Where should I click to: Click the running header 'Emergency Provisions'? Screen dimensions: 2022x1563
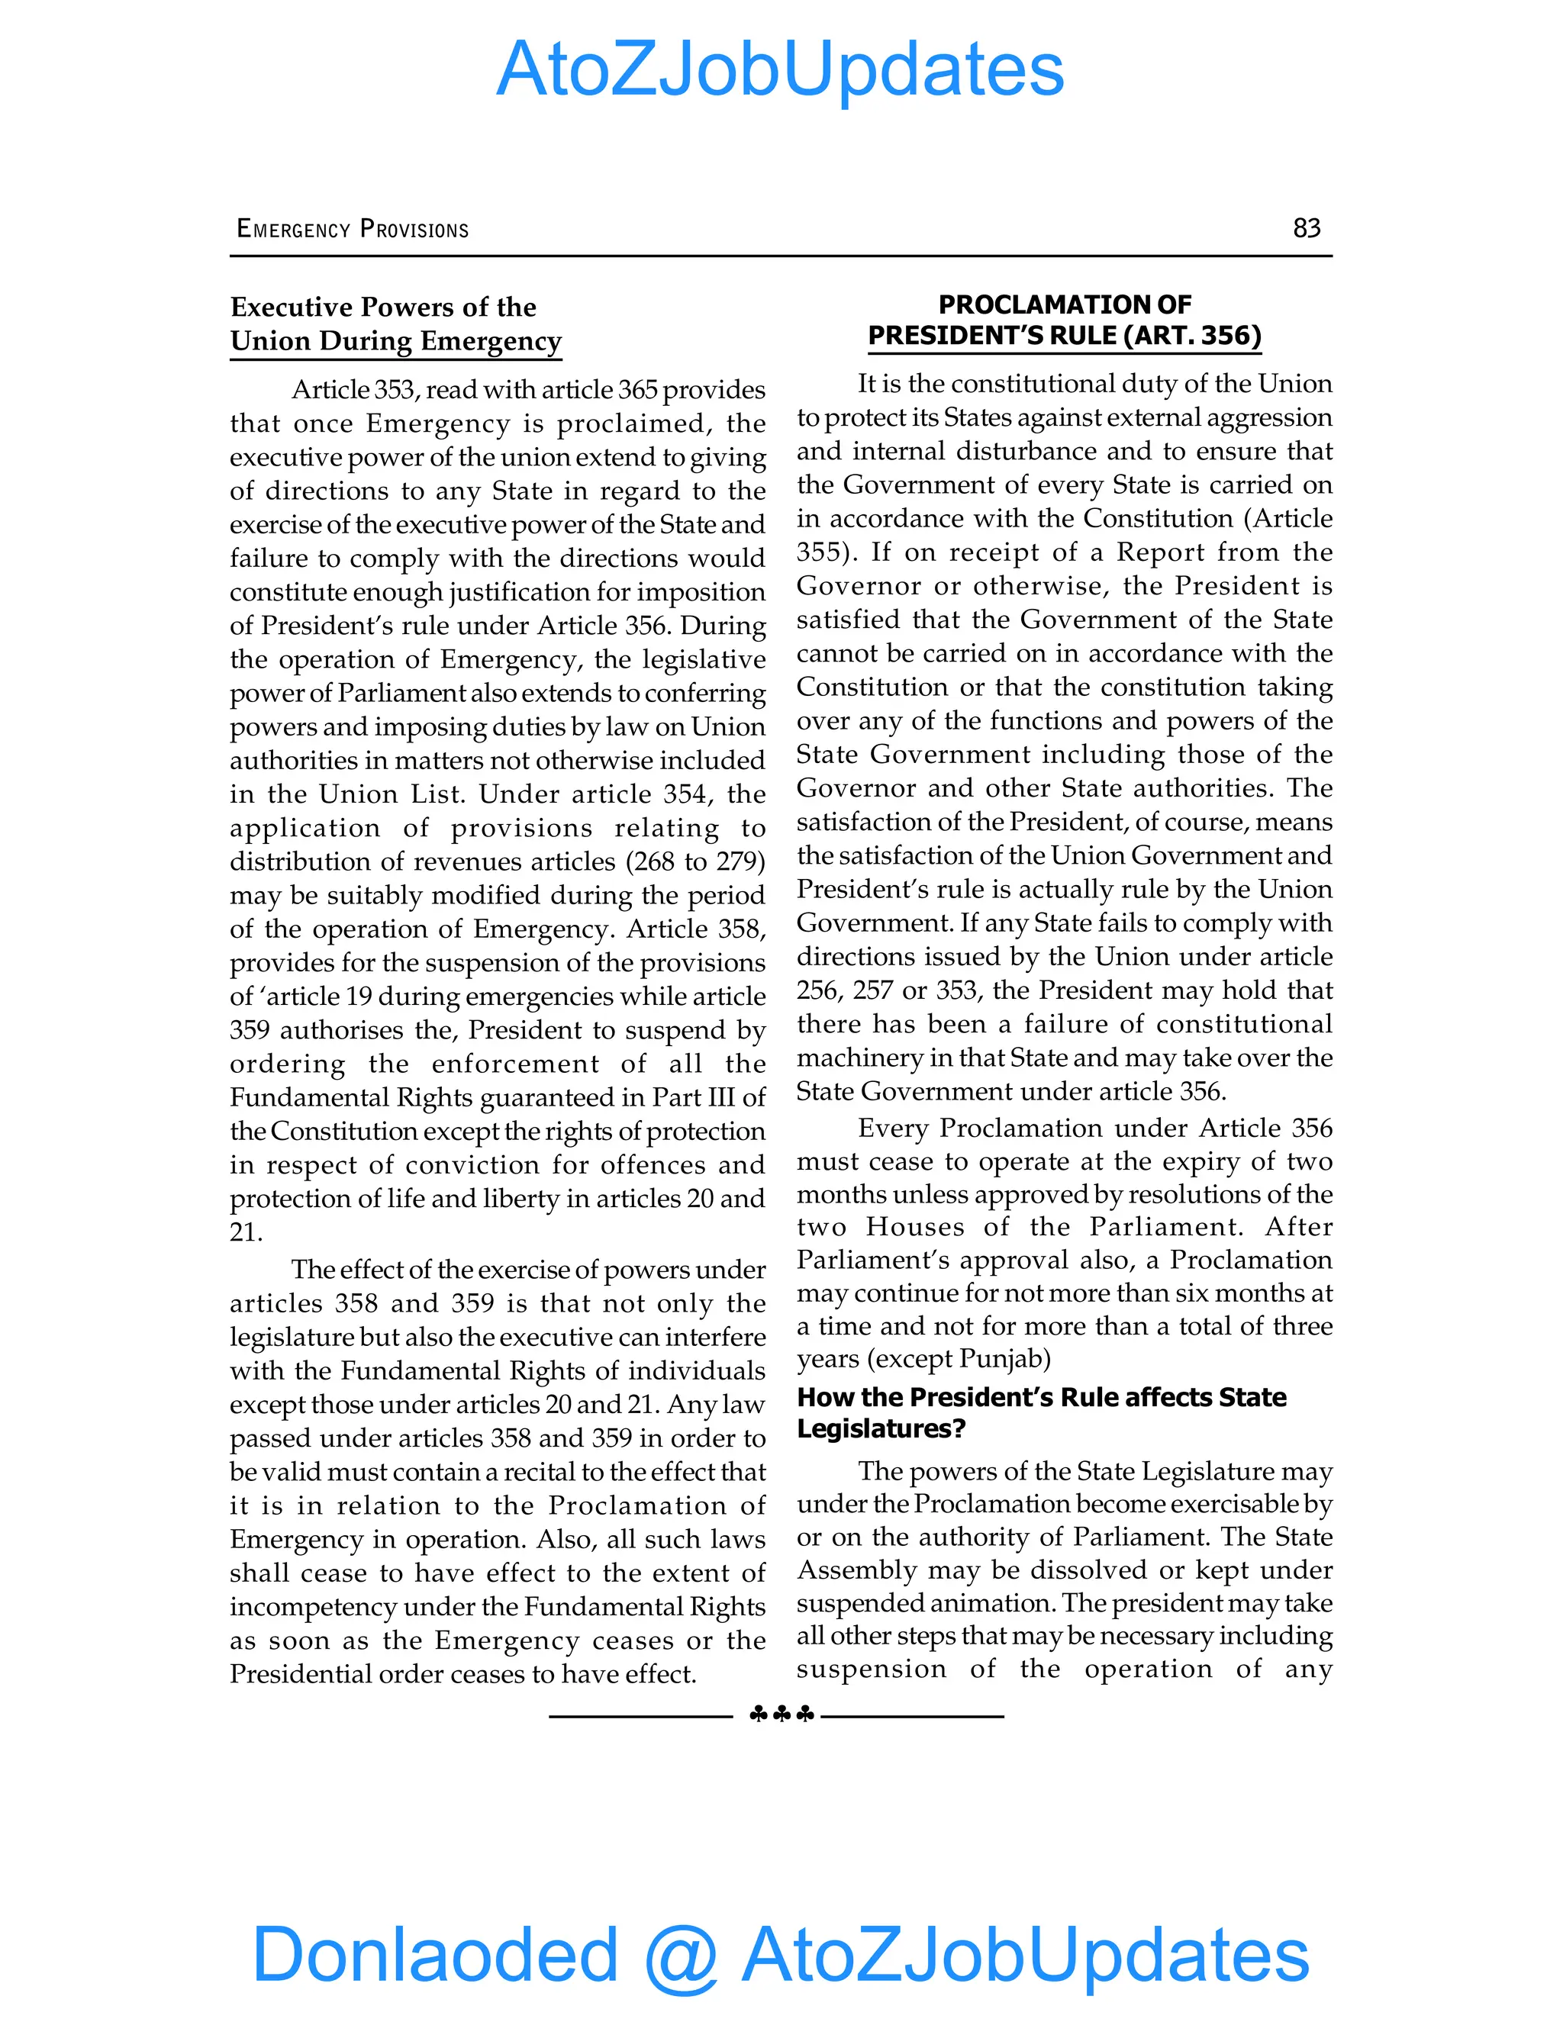tap(353, 229)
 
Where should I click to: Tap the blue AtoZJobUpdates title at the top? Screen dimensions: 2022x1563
tap(780, 69)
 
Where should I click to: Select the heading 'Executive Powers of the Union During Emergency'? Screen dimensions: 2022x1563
tap(395, 324)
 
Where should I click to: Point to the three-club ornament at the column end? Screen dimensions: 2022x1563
tap(781, 1715)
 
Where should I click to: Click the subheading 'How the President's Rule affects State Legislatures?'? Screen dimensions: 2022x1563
tap(1042, 1412)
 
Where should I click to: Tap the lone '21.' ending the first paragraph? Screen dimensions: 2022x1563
tap(247, 1232)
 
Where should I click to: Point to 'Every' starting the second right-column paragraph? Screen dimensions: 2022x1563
tap(894, 1128)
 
